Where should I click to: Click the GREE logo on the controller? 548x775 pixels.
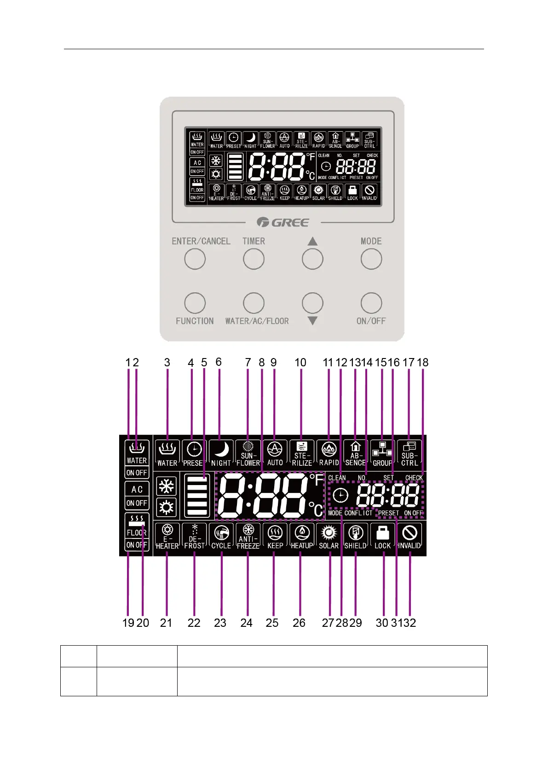click(283, 222)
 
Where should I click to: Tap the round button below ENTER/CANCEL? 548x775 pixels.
click(195, 259)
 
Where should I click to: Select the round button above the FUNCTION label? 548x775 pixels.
click(195, 303)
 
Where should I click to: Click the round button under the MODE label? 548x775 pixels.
click(371, 259)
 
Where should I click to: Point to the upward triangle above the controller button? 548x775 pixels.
click(312, 241)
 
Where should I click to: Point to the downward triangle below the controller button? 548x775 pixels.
click(312, 321)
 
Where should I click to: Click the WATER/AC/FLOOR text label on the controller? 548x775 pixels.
click(257, 321)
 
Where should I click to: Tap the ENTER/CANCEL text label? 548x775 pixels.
click(201, 241)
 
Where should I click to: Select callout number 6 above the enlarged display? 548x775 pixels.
click(219, 362)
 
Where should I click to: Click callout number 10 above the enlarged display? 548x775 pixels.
click(300, 363)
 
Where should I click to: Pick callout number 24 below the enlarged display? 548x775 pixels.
click(246, 623)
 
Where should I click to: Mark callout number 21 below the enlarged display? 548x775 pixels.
click(166, 623)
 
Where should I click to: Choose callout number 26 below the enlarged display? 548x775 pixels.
click(299, 623)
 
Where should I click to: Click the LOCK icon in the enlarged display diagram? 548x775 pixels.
click(382, 534)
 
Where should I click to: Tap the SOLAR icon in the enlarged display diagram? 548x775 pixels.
click(329, 533)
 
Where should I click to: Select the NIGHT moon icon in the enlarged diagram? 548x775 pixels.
click(221, 449)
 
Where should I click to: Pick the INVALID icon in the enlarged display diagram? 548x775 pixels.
click(410, 533)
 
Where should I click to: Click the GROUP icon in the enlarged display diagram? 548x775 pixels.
click(382, 449)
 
